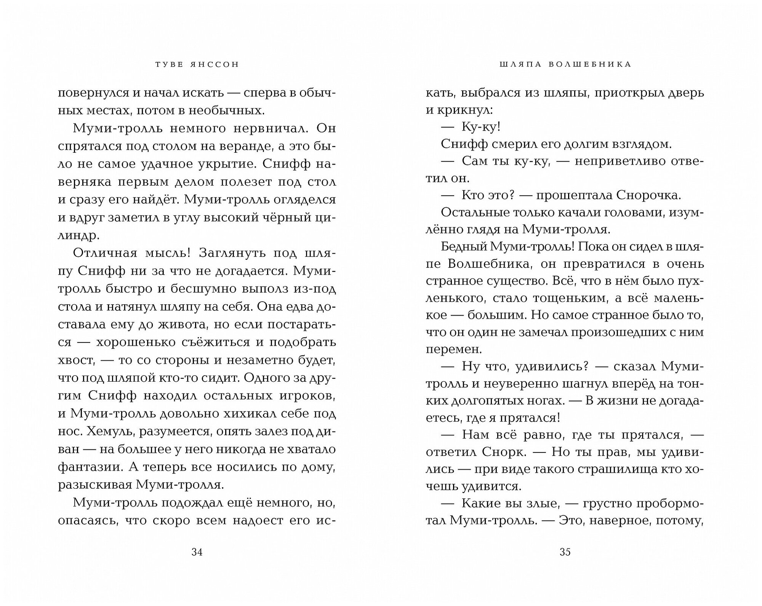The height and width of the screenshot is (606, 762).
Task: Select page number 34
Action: point(197,552)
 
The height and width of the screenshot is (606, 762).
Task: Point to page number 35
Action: point(565,552)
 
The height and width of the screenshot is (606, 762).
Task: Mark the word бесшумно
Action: point(209,289)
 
